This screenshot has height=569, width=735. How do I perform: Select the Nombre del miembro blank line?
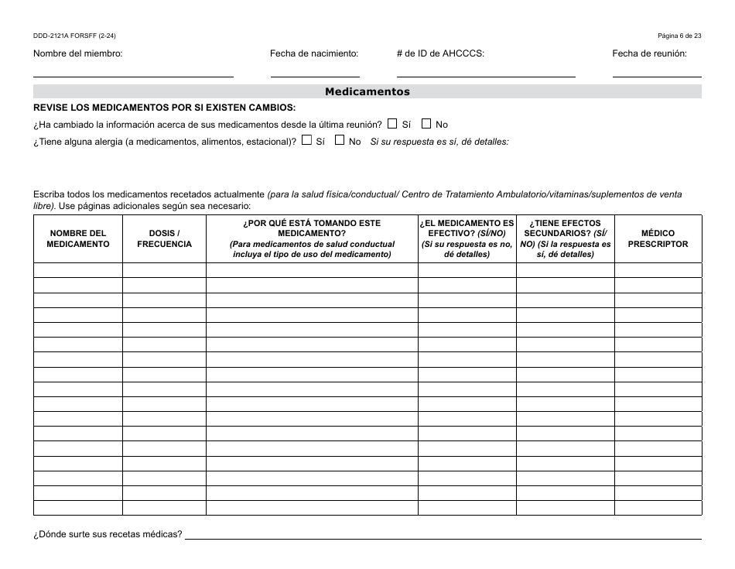coord(133,71)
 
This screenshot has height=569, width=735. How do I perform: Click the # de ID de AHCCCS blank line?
coord(486,71)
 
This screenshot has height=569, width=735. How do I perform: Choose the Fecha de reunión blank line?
coord(657,71)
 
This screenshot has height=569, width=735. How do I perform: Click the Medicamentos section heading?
coord(367,91)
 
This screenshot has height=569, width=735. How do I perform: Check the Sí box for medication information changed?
coord(392,123)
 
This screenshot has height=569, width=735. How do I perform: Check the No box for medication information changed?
coord(426,123)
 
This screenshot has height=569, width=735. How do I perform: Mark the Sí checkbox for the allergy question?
coord(306,140)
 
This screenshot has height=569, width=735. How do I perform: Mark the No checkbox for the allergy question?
coord(340,140)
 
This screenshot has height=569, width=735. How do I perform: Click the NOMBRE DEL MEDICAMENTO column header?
coord(78,238)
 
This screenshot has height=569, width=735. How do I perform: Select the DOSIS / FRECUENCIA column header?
coord(164,238)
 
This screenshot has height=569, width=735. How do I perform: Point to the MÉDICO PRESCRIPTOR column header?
coord(658,238)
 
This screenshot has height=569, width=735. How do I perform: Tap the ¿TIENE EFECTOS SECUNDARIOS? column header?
coord(566,238)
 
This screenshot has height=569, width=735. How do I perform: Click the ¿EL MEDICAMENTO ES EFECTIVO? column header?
coord(467,238)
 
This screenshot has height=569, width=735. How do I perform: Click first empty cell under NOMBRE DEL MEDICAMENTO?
coord(78,270)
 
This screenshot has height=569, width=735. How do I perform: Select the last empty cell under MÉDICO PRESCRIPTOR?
coord(658,508)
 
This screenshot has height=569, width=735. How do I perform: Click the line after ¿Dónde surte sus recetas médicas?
coord(443,533)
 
